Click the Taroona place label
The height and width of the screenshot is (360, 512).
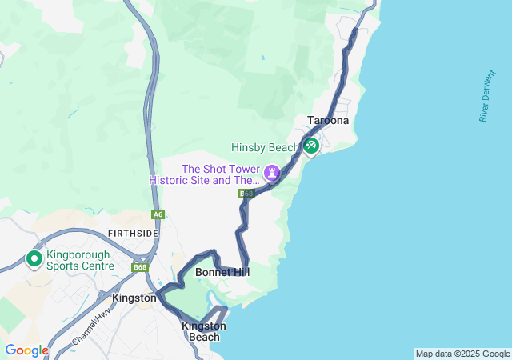click(x=328, y=120)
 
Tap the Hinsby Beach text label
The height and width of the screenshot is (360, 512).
click(x=265, y=147)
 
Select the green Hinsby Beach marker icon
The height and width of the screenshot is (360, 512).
click(x=311, y=146)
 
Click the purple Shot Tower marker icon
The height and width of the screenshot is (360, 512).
click(x=273, y=172)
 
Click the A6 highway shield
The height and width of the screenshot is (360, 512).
click(x=158, y=214)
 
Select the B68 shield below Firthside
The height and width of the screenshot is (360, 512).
click(x=141, y=267)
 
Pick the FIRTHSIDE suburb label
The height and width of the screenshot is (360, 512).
click(x=133, y=233)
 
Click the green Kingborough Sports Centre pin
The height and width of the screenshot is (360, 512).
click(x=34, y=259)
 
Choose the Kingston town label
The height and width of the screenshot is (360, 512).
click(x=134, y=298)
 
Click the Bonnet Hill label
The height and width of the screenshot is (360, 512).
click(x=222, y=273)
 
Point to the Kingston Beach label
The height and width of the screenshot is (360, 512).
click(x=204, y=331)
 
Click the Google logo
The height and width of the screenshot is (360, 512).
click(x=26, y=350)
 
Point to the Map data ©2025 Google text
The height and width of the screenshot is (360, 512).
click(x=462, y=354)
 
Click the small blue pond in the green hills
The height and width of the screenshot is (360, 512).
click(x=263, y=58)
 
